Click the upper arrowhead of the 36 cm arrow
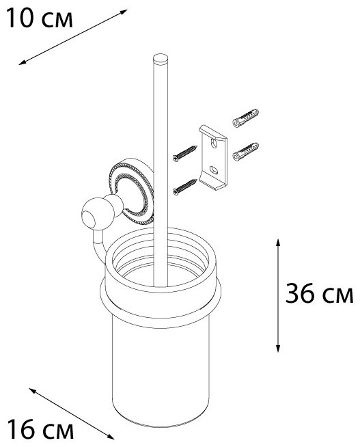pyautogui.click(x=277, y=243)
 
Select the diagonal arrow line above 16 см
pyautogui.click(x=72, y=412)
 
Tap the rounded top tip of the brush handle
pyautogui.click(x=161, y=57)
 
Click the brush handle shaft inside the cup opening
pyautogui.click(x=161, y=260)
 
